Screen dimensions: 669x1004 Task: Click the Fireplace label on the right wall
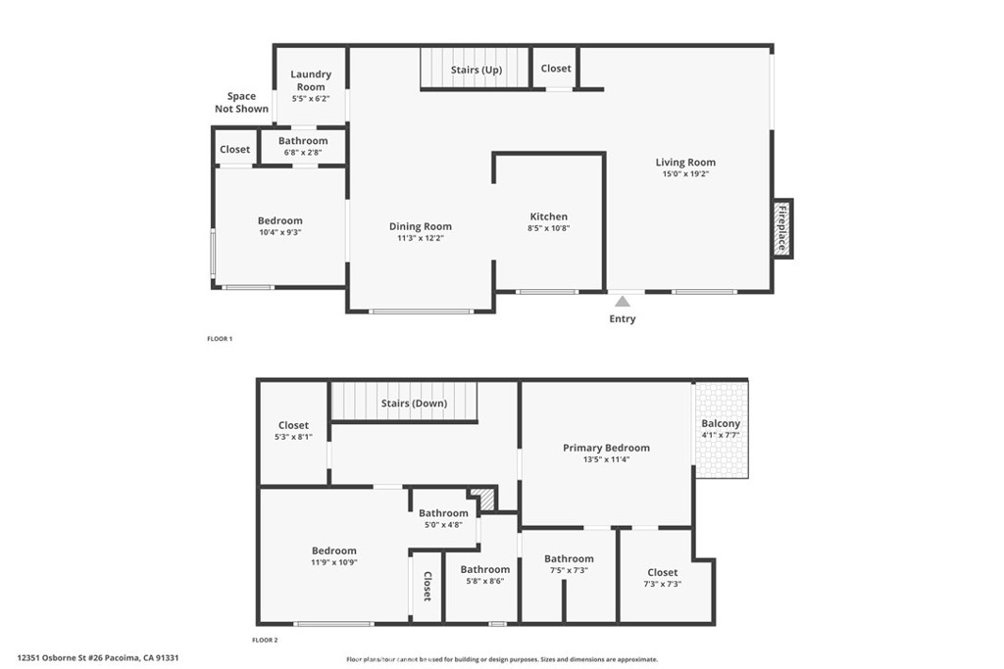pyautogui.click(x=782, y=228)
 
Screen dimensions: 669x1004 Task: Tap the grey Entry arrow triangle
pyautogui.click(x=622, y=302)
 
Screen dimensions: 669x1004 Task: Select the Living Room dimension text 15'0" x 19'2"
pyautogui.click(x=685, y=174)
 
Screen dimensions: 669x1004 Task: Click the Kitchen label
pyautogui.click(x=548, y=216)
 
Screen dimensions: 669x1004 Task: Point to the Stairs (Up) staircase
pyautogui.click(x=476, y=70)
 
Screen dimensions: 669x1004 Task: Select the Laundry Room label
pyautogui.click(x=311, y=80)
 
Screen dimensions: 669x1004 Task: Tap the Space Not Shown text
pyautogui.click(x=241, y=102)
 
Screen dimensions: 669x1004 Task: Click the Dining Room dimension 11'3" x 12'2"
pyautogui.click(x=420, y=238)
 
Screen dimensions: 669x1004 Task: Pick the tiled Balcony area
pyautogui.click(x=721, y=429)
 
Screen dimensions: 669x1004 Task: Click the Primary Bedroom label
pyautogui.click(x=606, y=448)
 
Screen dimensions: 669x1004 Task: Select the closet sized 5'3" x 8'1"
pyautogui.click(x=293, y=431)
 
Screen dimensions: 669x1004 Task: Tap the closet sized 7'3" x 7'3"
pyautogui.click(x=662, y=578)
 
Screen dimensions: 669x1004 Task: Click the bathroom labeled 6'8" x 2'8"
pyautogui.click(x=302, y=147)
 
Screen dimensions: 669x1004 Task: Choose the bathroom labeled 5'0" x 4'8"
pyautogui.click(x=443, y=518)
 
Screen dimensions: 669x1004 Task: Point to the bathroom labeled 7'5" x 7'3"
pyautogui.click(x=569, y=564)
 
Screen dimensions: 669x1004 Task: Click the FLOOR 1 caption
pyautogui.click(x=219, y=339)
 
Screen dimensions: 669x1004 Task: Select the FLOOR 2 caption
pyautogui.click(x=265, y=640)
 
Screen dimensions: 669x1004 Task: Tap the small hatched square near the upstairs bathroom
pyautogui.click(x=480, y=497)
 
